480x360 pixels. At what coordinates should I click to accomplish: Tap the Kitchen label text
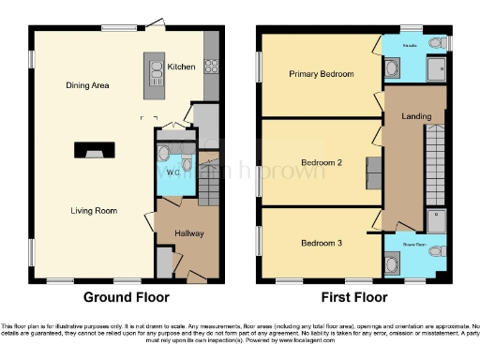(181, 67)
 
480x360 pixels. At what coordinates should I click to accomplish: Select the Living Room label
(93, 211)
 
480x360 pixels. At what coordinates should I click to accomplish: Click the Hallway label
(188, 232)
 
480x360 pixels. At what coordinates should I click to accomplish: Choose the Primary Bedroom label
(322, 74)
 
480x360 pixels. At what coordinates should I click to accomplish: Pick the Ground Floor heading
(127, 297)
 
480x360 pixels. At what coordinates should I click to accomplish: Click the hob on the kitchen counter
(212, 66)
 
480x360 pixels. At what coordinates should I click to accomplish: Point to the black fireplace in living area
(91, 149)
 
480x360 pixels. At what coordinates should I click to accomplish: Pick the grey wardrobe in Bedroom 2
(374, 171)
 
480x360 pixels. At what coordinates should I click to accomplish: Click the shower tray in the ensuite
(436, 68)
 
